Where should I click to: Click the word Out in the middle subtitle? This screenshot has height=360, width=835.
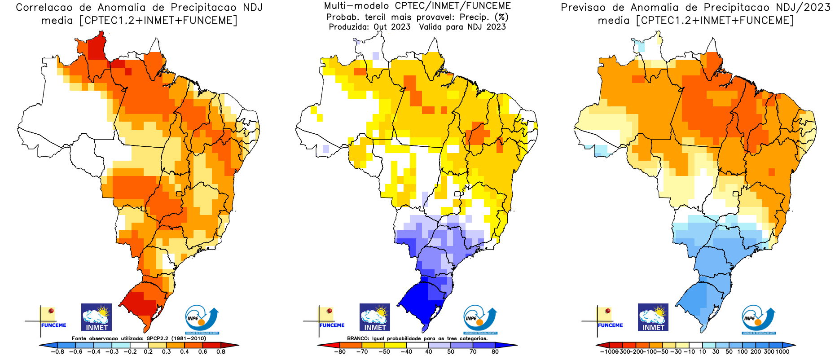[380, 27]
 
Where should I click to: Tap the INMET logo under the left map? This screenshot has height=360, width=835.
[97, 317]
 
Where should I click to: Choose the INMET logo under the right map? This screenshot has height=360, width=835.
[653, 317]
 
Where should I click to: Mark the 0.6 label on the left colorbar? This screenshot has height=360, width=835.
[202, 352]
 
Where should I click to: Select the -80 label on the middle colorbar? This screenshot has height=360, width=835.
[340, 352]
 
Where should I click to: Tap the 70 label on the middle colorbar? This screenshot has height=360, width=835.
[473, 352]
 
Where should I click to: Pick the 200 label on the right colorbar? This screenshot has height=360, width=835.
[756, 352]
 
